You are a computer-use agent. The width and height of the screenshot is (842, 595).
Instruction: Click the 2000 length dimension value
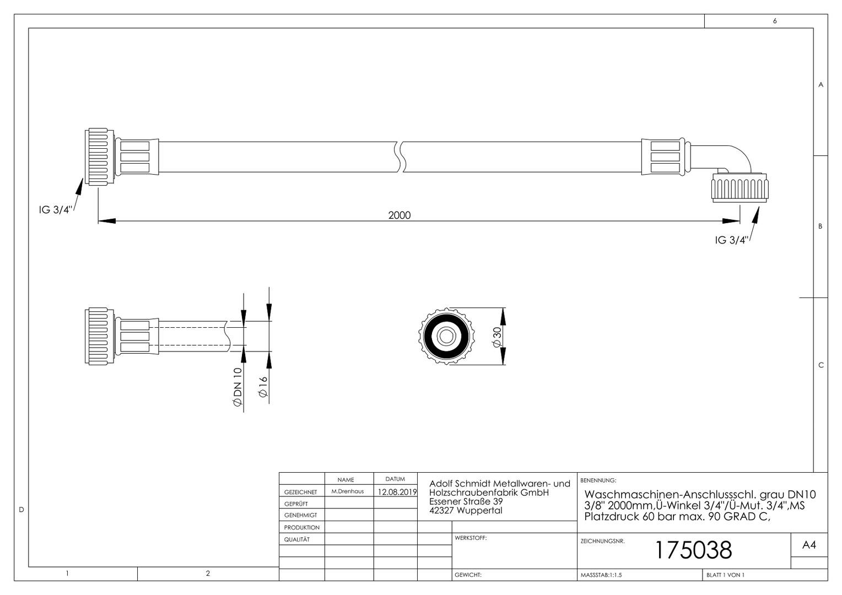coord(399,215)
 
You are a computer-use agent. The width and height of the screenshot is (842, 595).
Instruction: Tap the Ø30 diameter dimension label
coord(497,337)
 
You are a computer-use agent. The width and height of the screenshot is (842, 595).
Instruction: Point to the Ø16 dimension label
coord(263,387)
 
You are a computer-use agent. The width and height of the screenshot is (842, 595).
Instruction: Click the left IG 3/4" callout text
coord(55,210)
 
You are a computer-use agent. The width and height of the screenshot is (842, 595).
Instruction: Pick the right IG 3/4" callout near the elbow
coord(731,240)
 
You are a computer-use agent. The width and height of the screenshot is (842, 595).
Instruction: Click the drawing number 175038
coord(694,550)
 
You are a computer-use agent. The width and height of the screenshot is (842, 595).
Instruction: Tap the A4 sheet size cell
coord(809,545)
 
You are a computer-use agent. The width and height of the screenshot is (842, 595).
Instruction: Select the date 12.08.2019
coord(397,492)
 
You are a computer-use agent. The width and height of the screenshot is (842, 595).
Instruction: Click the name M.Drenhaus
coord(348,491)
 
